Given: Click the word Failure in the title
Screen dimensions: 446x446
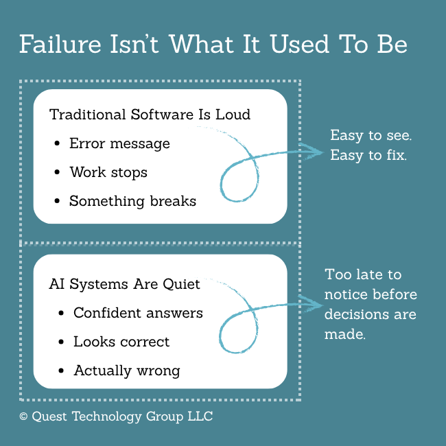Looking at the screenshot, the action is pyautogui.click(x=60, y=44).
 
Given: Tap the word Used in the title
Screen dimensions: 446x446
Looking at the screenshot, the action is pyautogui.click(x=300, y=44).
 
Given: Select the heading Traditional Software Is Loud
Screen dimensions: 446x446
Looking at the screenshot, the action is pyautogui.click(x=150, y=115).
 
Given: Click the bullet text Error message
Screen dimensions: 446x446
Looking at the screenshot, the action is pyautogui.click(x=120, y=143).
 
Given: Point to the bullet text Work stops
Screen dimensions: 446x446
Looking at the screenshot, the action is pyautogui.click(x=108, y=172).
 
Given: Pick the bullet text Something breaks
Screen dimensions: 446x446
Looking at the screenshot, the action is pyautogui.click(x=133, y=201).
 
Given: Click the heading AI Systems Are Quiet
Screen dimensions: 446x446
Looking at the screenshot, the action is pyautogui.click(x=125, y=284).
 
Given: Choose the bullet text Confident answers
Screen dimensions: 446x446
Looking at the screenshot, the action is pyautogui.click(x=138, y=313).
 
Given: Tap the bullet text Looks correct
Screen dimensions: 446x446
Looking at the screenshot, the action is pyautogui.click(x=121, y=342).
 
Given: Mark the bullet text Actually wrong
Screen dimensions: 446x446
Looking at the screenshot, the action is pyautogui.click(x=127, y=371).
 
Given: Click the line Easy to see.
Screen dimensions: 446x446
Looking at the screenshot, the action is pyautogui.click(x=371, y=135).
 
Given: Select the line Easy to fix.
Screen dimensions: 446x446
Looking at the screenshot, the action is pyautogui.click(x=368, y=155).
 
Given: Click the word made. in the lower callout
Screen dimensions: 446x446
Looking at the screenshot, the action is pyautogui.click(x=344, y=334).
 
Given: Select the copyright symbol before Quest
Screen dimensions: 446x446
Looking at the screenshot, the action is pyautogui.click(x=23, y=416).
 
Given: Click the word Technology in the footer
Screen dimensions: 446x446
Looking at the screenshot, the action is pyautogui.click(x=106, y=416).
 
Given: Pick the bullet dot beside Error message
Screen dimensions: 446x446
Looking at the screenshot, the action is pyautogui.click(x=57, y=143).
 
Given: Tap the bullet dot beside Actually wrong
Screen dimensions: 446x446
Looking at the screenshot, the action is pyautogui.click(x=61, y=371).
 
